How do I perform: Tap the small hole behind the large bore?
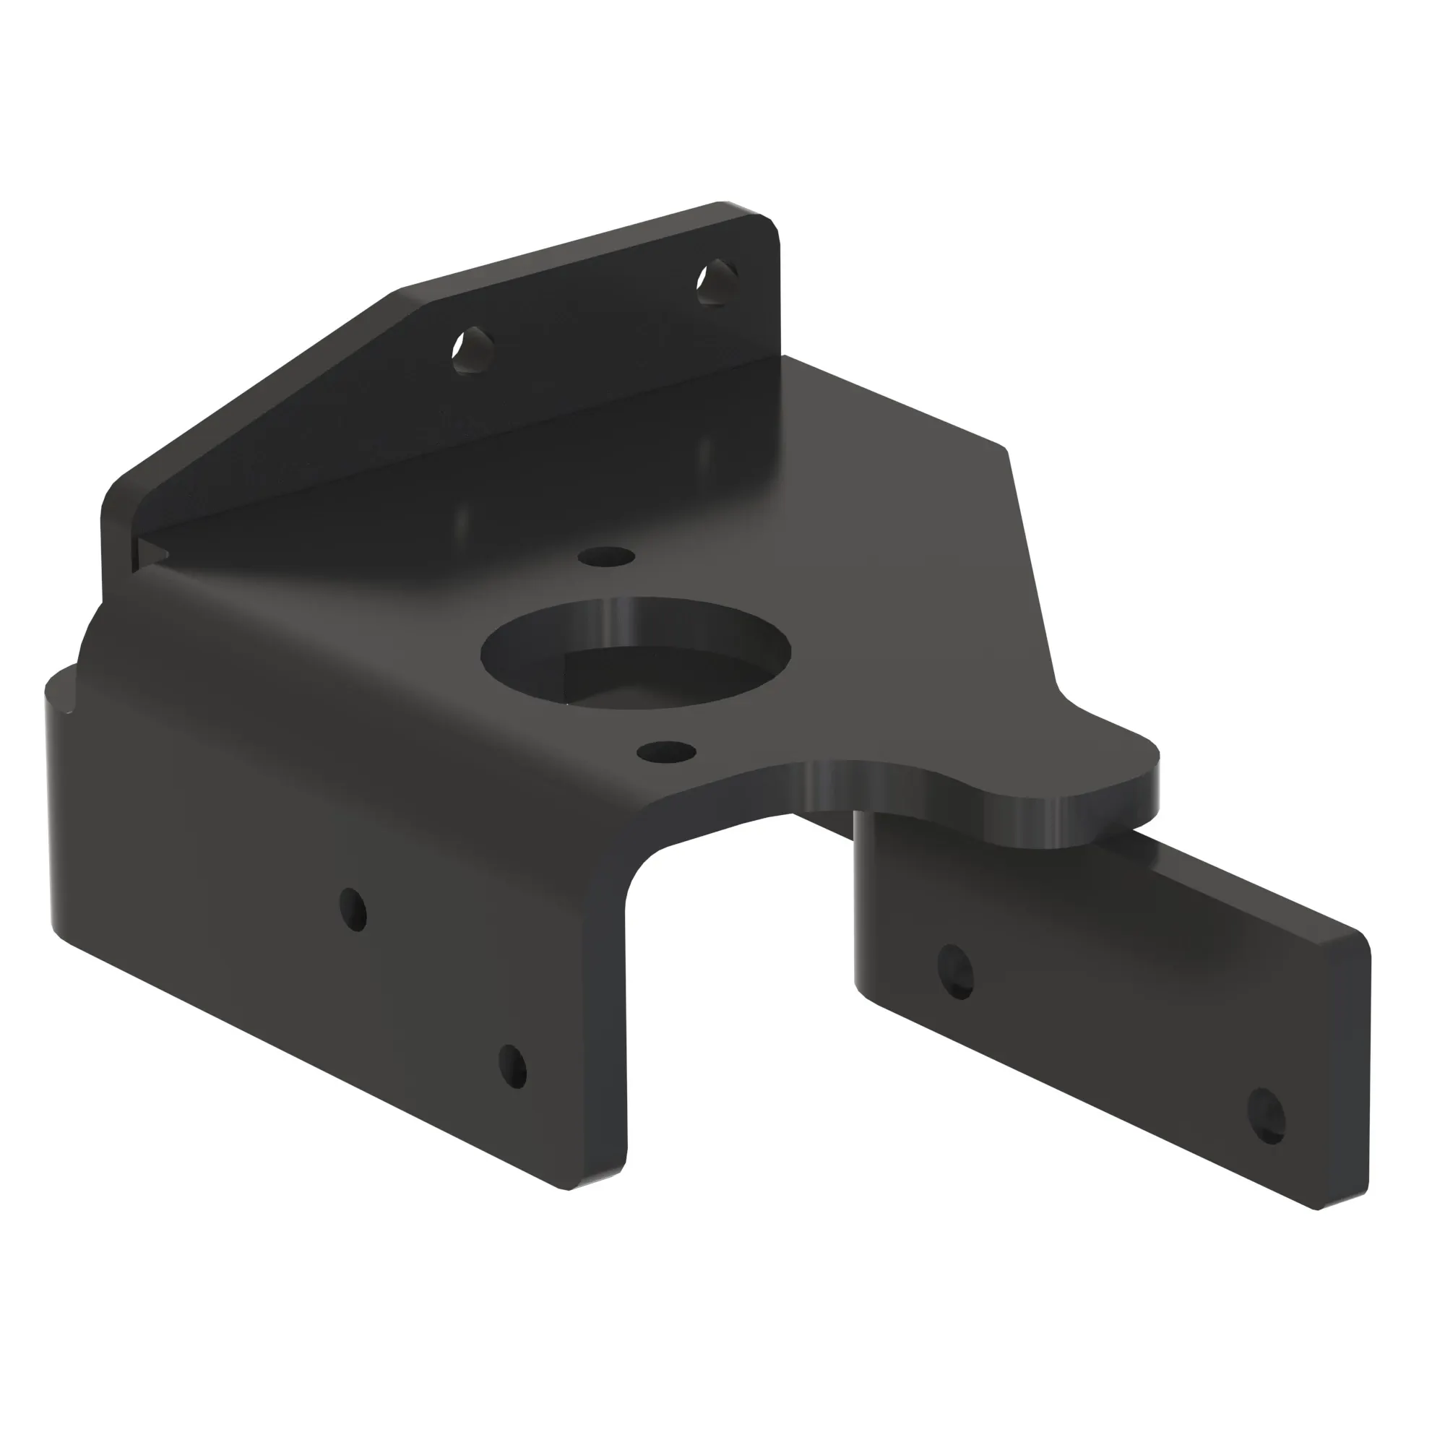tap(607, 556)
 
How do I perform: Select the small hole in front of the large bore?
tap(667, 751)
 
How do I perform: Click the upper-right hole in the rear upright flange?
tap(717, 281)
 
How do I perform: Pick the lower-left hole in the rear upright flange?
tap(473, 350)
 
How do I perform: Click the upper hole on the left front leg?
tap(353, 908)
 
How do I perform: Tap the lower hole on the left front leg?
tap(513, 1066)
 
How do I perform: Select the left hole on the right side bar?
tap(955, 971)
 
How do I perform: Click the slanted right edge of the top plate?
tap(1032, 569)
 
